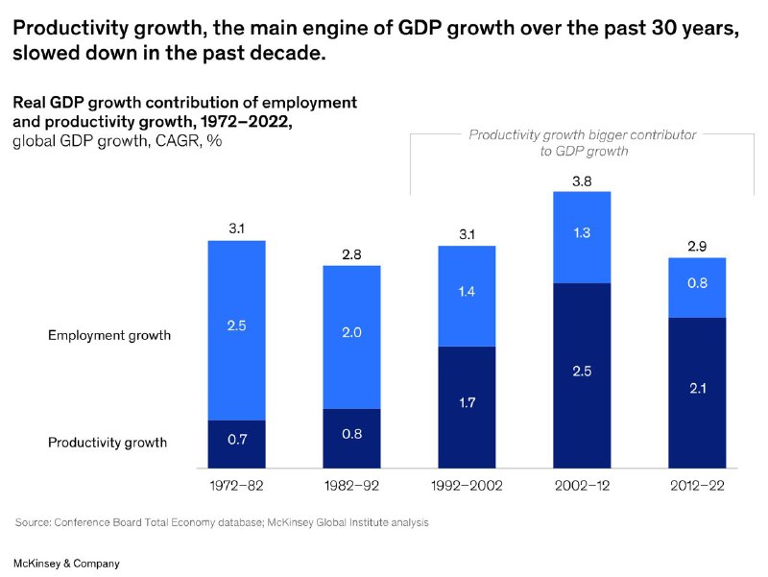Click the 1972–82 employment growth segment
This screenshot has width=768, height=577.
pos(236,330)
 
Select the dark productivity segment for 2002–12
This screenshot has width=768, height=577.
pos(582,375)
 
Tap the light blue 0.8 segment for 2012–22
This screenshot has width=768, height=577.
pos(697,287)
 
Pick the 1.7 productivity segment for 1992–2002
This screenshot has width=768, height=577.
pos(467,407)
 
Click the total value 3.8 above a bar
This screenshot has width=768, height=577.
pos(582,181)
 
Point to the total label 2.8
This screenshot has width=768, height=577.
pos(351,254)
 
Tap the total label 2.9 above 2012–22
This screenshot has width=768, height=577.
pos(697,247)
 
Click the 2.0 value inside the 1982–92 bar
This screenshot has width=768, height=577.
pos(351,332)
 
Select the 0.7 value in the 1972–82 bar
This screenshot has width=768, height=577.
pos(237,440)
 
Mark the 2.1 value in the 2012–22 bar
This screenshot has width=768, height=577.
pos(698,389)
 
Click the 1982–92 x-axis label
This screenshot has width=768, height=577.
pos(351,486)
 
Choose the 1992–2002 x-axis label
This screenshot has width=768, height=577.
pos(467,486)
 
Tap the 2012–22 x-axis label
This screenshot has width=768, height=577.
pos(697,486)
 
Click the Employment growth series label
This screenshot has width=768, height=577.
pos(109,335)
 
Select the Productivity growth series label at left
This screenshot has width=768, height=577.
pos(108,443)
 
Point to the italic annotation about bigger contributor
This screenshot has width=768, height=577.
pos(583,142)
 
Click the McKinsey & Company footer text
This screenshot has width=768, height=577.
pos(66,564)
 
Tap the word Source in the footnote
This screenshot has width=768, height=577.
pos(33,522)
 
